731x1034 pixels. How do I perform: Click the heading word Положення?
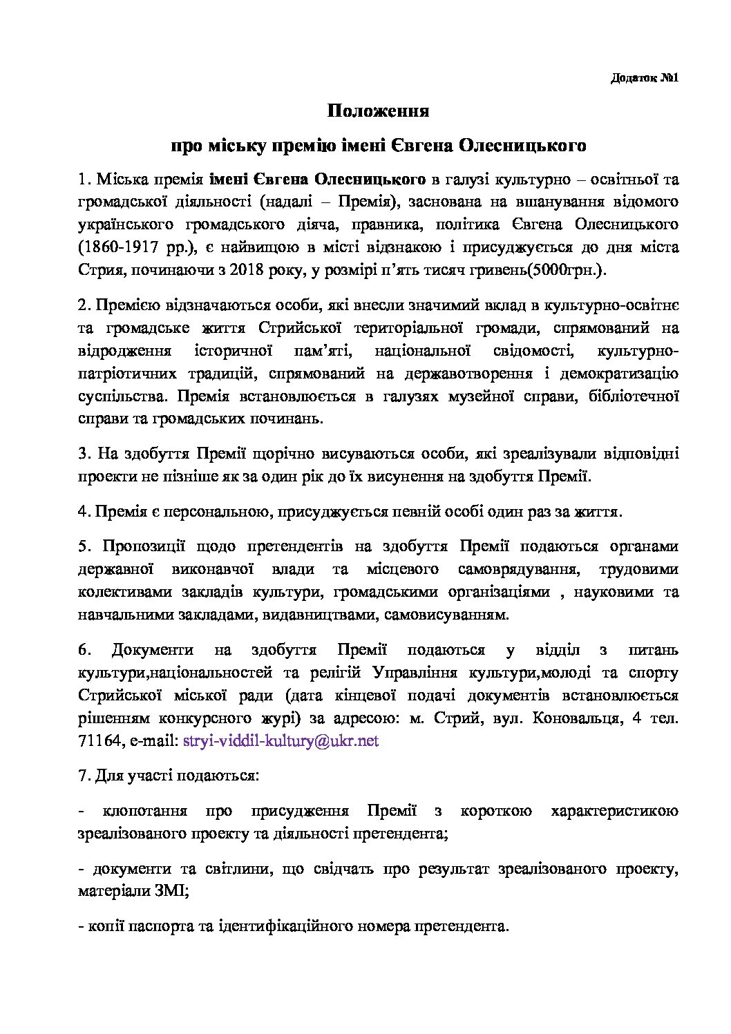point(378,111)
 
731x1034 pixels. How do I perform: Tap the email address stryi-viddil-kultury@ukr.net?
point(281,740)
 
